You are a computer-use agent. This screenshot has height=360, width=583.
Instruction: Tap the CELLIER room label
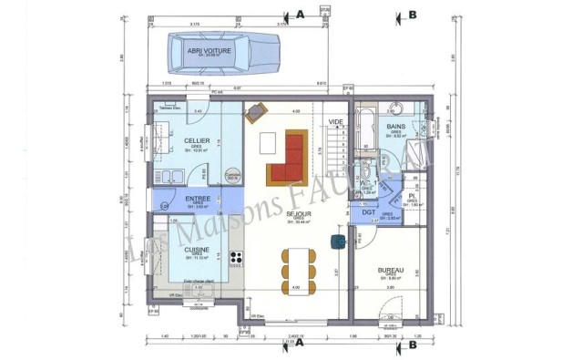198,140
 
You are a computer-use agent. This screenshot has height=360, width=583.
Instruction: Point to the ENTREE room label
198,198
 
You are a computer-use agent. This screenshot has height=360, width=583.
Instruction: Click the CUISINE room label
198,249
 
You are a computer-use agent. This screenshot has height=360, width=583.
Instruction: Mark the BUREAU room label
391,271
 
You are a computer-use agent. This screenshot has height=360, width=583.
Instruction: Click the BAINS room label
395,127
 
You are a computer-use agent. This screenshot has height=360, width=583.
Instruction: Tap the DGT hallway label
369,212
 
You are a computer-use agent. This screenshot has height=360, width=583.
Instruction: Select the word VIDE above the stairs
336,121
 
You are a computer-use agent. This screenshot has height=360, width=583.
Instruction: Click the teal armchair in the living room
338,242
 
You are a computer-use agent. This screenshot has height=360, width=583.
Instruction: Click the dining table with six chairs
299,263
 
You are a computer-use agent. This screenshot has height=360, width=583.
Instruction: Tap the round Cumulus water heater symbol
232,173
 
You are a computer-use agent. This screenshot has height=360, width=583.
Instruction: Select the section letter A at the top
298,14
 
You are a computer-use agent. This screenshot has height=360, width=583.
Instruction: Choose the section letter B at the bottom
412,345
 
